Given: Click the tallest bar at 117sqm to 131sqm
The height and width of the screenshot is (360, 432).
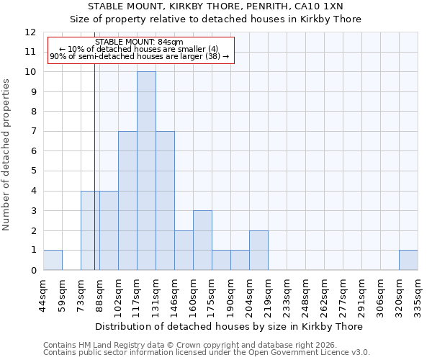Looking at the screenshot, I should point(146,171).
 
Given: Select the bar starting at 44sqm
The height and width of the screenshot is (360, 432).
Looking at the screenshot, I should point(53,260).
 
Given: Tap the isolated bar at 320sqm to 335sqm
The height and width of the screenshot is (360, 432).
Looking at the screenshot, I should point(408,260).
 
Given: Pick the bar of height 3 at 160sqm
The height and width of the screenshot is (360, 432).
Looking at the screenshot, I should point(202,240).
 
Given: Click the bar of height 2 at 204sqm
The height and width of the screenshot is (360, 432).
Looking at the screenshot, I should point(258,250).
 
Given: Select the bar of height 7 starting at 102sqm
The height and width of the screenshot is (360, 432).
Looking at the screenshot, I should point(127,200).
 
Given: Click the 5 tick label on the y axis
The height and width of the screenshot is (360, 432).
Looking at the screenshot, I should point(33,171).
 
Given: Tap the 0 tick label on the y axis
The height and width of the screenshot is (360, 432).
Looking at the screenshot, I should point(33,271).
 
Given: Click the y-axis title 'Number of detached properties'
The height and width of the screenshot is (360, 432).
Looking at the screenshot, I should point(7,156).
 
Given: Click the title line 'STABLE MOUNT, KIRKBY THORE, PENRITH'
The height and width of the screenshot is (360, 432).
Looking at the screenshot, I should point(215,6).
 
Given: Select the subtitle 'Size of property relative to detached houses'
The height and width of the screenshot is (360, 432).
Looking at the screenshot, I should point(215,19).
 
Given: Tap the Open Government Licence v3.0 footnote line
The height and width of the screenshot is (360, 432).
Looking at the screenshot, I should point(206,353).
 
